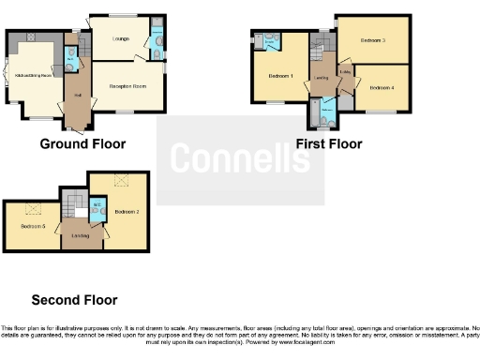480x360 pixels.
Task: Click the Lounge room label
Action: pyautogui.click(x=120, y=38)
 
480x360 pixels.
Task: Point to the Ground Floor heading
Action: pyautogui.click(x=82, y=143)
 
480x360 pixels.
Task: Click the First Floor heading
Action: pyautogui.click(x=329, y=143)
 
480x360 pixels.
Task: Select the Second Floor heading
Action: pyautogui.click(x=75, y=300)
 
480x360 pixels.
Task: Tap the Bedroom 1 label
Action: pyautogui.click(x=280, y=76)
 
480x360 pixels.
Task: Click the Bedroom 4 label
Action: pyautogui.click(x=382, y=87)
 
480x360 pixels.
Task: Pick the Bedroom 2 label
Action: pyautogui.click(x=127, y=212)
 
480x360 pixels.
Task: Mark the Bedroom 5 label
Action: pyautogui.click(x=33, y=226)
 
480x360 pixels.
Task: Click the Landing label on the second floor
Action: pyautogui.click(x=81, y=235)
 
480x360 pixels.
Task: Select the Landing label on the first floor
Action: pyautogui.click(x=321, y=79)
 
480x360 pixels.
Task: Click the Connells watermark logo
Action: pyautogui.click(x=240, y=159)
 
